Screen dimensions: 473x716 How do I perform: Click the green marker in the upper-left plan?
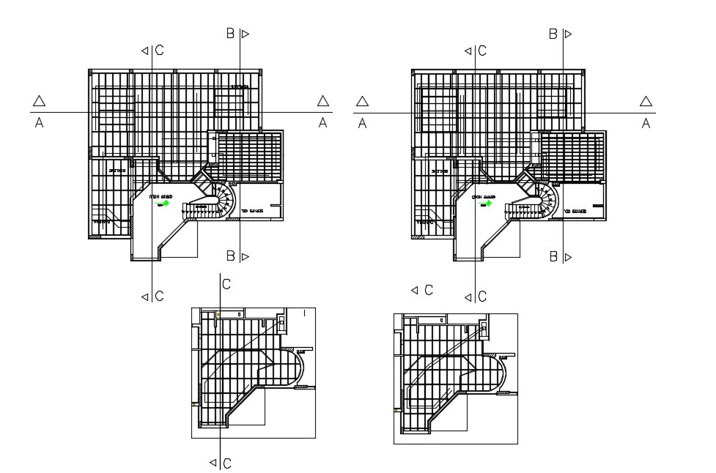click(166, 204)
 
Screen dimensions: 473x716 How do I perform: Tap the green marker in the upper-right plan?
click(489, 204)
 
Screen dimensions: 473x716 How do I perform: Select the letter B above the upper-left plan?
click(230, 33)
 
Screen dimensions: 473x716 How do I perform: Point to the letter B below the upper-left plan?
click(230, 256)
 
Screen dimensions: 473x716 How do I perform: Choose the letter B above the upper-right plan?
click(553, 33)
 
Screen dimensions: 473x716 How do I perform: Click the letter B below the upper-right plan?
click(553, 256)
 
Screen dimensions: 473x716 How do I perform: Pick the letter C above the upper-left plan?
click(159, 51)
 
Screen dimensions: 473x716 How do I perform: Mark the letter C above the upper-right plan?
click(482, 51)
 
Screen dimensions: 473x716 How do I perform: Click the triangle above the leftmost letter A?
click(40, 101)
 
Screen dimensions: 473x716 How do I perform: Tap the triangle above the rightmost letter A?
click(646, 101)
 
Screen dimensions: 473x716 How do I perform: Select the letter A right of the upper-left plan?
click(322, 124)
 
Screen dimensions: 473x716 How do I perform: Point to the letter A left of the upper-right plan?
click(362, 124)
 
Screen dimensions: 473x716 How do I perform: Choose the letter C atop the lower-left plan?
click(227, 284)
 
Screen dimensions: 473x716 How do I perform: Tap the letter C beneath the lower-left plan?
click(227, 463)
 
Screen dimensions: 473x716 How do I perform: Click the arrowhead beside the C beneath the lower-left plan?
click(213, 462)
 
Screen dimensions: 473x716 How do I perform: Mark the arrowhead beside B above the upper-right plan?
click(567, 33)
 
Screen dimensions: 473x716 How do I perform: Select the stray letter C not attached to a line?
click(428, 291)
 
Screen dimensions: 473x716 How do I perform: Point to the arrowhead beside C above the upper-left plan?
click(145, 51)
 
